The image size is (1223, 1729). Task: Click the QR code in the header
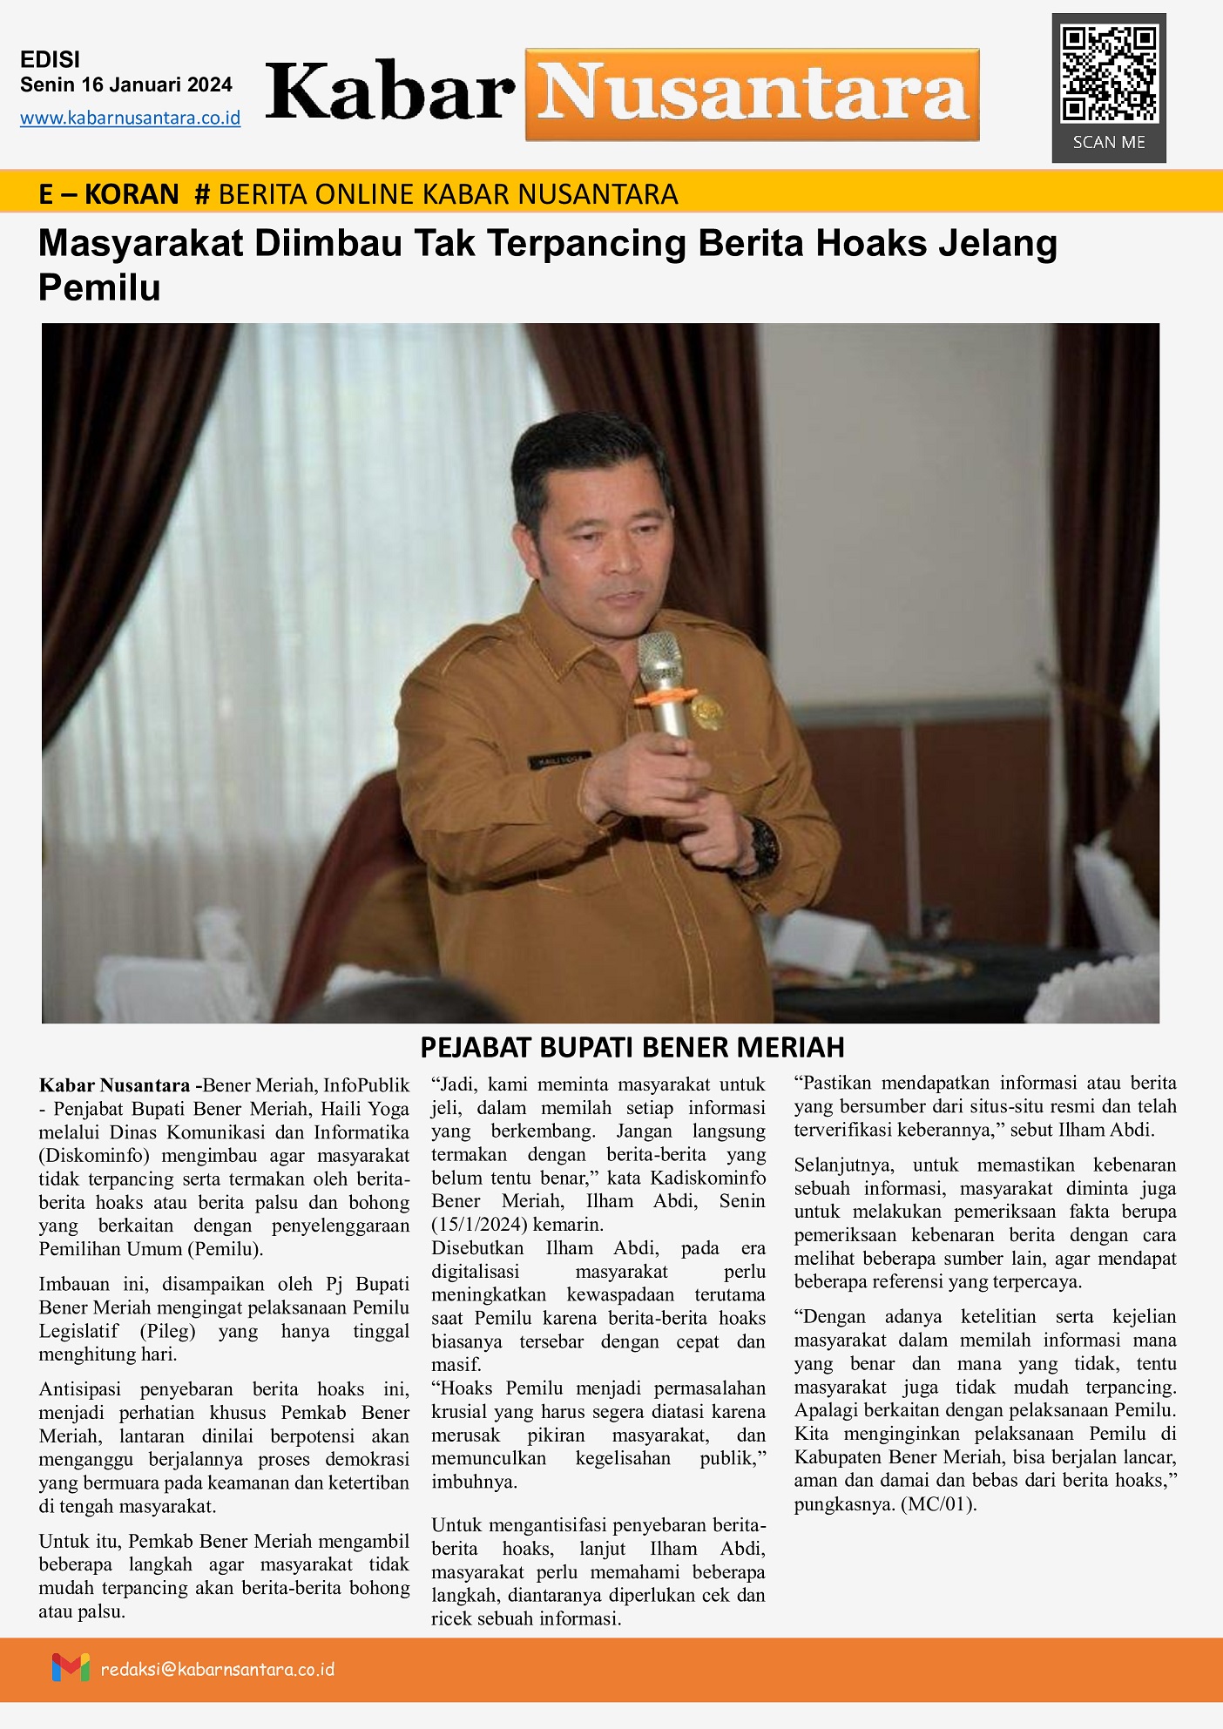pos(1109,74)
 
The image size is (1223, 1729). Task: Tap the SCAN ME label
pos(1109,142)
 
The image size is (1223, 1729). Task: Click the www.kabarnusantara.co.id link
pos(130,118)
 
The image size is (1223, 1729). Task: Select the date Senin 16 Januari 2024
pos(126,84)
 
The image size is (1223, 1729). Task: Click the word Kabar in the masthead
pos(389,92)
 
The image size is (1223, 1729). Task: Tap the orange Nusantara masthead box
pos(753,94)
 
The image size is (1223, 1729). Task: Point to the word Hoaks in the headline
pos(869,244)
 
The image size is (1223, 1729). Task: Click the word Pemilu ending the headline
pos(99,287)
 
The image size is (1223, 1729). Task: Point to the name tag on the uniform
pos(559,760)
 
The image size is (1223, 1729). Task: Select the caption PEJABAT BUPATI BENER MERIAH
pos(632,1047)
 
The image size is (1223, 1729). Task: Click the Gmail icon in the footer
pos(71,1668)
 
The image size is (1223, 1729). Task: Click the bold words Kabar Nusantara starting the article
pos(114,1085)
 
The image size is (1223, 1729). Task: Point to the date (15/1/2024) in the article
pos(478,1224)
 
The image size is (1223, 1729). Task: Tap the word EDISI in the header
pos(50,59)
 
